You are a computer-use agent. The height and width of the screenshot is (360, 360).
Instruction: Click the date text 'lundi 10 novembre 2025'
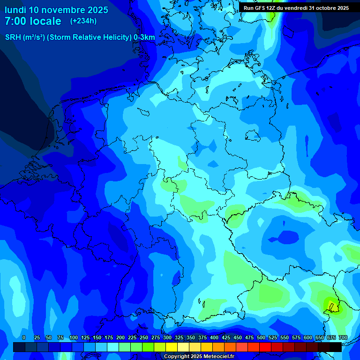point(56,10)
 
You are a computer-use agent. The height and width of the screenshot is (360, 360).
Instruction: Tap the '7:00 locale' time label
point(33,21)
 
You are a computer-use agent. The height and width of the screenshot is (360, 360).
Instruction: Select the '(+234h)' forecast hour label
point(83,21)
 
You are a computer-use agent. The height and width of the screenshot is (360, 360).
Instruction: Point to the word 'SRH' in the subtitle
point(14,37)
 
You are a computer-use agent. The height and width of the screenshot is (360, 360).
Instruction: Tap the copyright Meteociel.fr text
point(199,357)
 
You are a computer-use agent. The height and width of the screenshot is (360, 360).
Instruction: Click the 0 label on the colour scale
point(24,338)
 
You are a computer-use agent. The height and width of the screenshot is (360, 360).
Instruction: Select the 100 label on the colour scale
point(74,338)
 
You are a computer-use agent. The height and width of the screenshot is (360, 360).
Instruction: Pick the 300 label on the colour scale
point(167,338)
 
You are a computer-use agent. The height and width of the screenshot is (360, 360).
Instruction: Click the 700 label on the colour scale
point(343,338)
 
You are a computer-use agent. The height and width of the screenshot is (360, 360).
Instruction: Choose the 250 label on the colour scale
point(144,338)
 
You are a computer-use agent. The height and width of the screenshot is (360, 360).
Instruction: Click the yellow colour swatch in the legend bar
point(172,347)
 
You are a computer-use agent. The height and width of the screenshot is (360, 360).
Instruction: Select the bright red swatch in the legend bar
point(265,347)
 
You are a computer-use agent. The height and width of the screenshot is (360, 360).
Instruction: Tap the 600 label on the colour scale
point(308,338)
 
